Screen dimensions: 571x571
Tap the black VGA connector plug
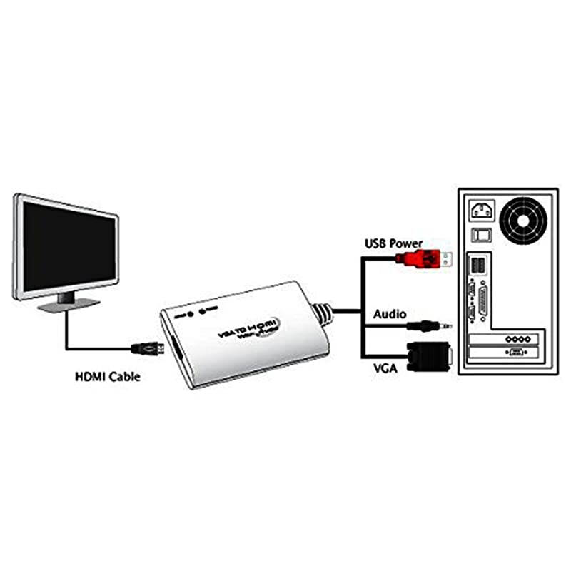427,357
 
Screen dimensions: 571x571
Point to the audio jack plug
428,325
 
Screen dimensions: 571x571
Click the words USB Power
394,243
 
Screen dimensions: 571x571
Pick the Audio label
390,314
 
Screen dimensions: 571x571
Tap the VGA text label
385,368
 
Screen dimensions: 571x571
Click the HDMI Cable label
108,376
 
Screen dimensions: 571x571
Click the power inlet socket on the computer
480,211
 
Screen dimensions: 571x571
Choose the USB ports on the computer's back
476,267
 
